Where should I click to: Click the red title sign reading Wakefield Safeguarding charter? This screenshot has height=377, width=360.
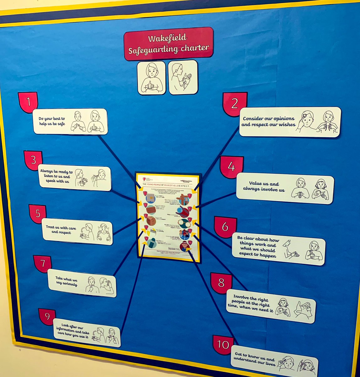click(x=169, y=43)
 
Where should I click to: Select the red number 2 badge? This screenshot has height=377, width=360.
click(x=234, y=104)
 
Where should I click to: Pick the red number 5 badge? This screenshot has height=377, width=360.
click(x=38, y=214)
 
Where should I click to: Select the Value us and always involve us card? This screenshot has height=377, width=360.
click(x=285, y=189)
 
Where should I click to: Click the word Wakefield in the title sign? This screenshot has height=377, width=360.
click(x=168, y=38)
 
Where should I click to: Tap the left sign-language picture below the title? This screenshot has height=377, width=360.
click(x=151, y=78)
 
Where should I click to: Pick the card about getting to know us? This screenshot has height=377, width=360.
click(x=274, y=361)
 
